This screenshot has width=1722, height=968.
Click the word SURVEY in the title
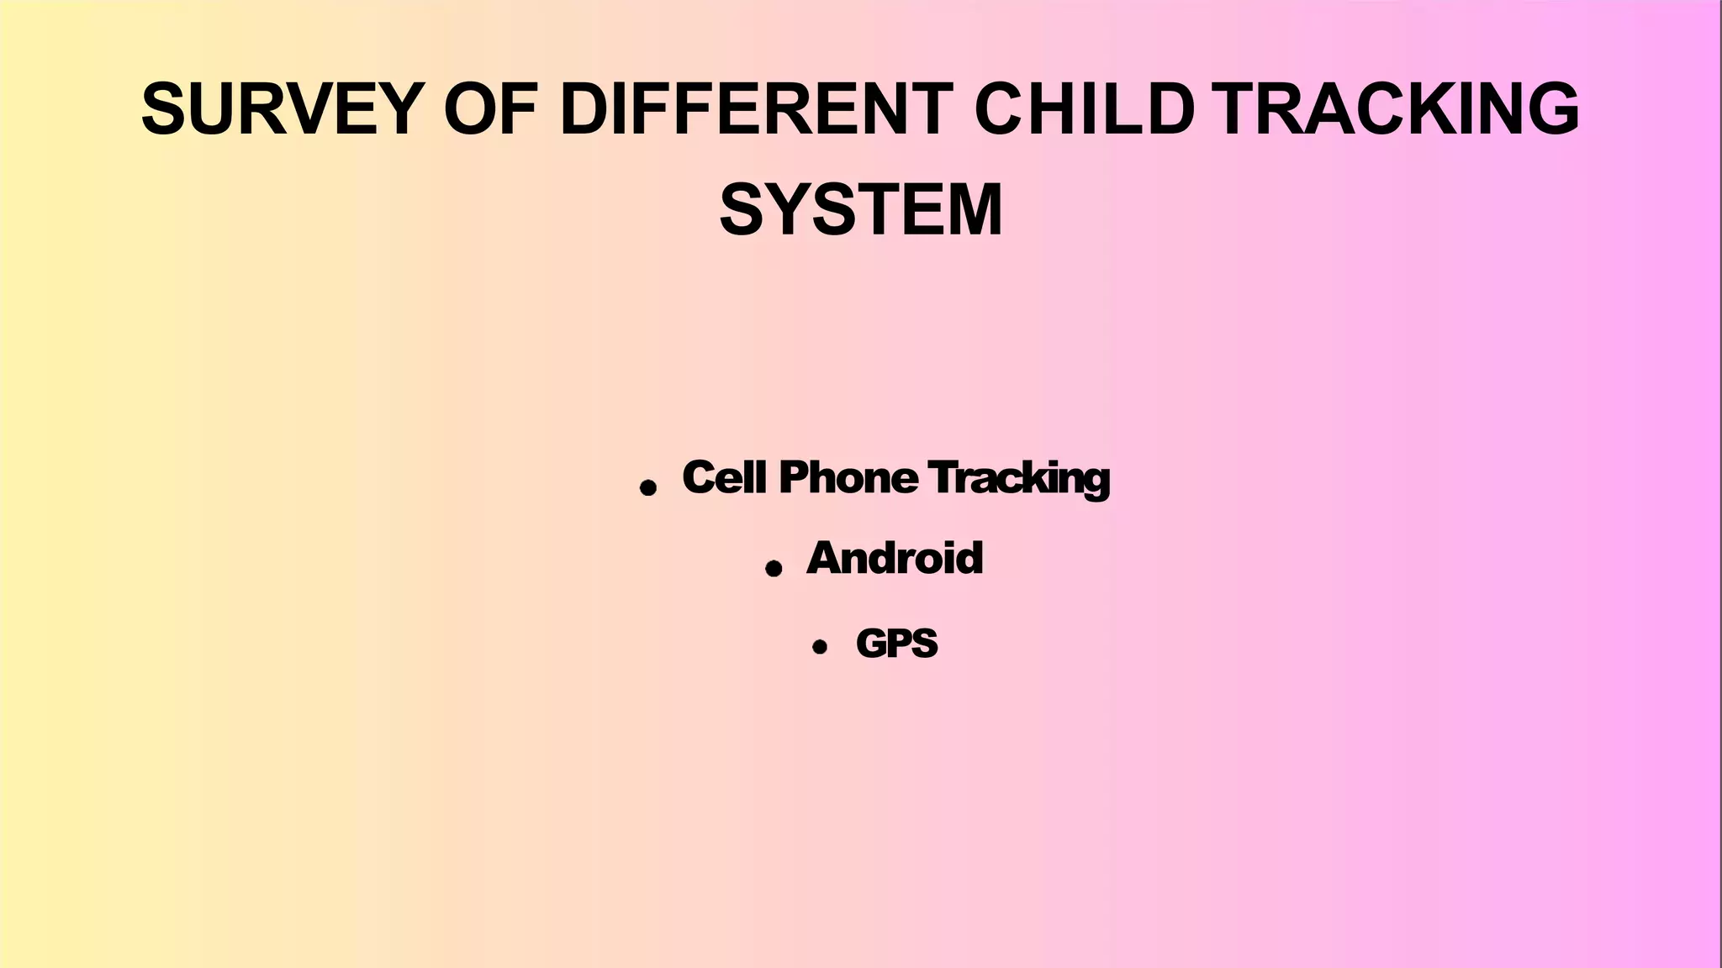pyautogui.click(x=283, y=108)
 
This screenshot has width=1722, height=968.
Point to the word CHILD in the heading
pyautogui.click(x=1085, y=108)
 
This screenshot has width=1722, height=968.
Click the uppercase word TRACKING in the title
pyautogui.click(x=1397, y=108)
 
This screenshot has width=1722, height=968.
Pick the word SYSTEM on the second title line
pyautogui.click(x=861, y=210)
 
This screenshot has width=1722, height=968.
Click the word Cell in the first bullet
pyautogui.click(x=724, y=477)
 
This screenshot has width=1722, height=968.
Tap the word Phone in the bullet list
pyautogui.click(x=848, y=477)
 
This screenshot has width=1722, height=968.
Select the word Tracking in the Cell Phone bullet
pyautogui.click(x=1019, y=479)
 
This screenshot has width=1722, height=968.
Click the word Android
pyautogui.click(x=895, y=558)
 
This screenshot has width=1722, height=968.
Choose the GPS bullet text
pyautogui.click(x=896, y=644)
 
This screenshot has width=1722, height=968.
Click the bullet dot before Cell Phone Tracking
pyautogui.click(x=647, y=487)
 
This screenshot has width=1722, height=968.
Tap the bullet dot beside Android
pyautogui.click(x=774, y=569)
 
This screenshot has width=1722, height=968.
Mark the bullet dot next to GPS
pyautogui.click(x=820, y=646)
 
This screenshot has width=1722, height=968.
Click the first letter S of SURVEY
pyautogui.click(x=163, y=108)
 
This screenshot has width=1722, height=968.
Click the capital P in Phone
pyautogui.click(x=794, y=477)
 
